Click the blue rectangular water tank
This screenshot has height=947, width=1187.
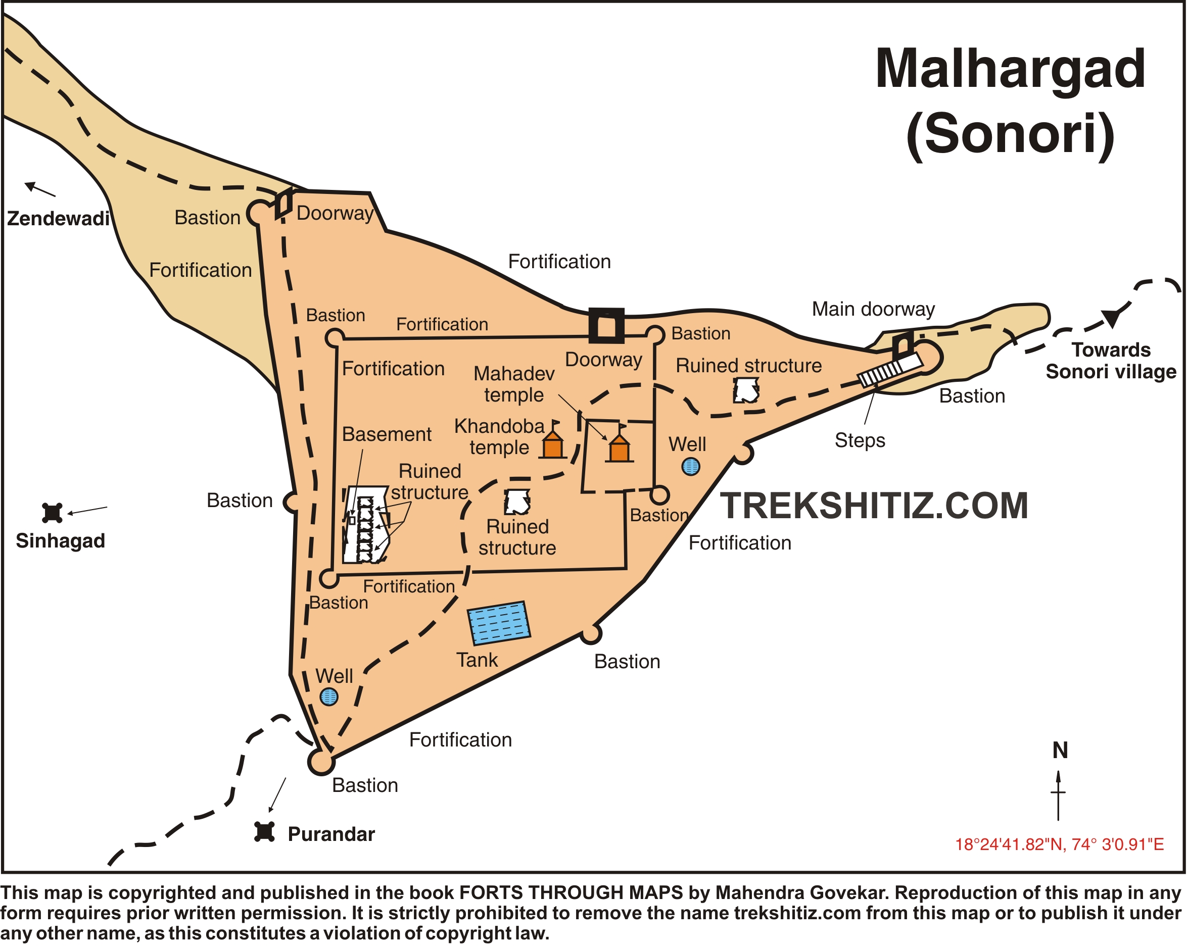pos(499,623)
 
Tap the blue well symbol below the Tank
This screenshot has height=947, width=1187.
pos(328,696)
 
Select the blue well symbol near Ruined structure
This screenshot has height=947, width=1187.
pos(690,467)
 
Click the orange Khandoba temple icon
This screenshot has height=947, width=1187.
pos(552,445)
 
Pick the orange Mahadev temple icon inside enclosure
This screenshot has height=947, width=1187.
pos(619,450)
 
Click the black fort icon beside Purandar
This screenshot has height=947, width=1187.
pos(264,831)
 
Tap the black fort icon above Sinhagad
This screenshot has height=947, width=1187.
pos(53,512)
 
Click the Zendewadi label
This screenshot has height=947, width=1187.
pos(58,219)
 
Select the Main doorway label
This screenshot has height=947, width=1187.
pos(873,309)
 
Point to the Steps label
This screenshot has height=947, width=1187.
pos(860,440)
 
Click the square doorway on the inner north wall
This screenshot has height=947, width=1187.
pos(606,326)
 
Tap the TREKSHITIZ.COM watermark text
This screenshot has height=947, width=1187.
pos(874,505)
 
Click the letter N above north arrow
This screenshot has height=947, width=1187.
pos(1060,751)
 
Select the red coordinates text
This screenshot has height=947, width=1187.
pos(1059,844)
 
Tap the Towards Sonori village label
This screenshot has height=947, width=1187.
pos(1111,361)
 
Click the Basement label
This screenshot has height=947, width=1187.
pos(387,434)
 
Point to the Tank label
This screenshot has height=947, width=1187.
pos(477,660)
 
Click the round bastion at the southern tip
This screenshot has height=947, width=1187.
pos(321,762)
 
